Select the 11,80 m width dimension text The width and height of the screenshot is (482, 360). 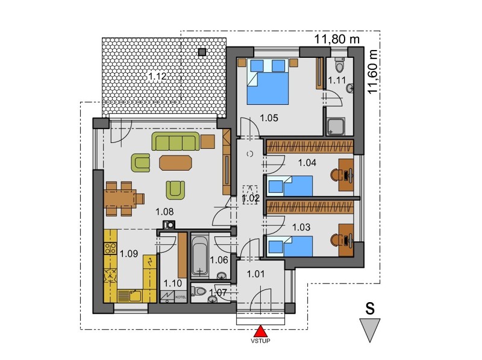pos(337,39)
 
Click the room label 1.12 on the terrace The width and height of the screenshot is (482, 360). pos(157,76)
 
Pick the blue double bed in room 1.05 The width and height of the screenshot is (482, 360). pos(268,82)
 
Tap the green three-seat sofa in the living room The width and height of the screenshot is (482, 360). pos(176,141)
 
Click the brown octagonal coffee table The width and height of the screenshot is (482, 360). pos(175,163)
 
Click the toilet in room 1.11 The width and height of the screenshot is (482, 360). pos(339,64)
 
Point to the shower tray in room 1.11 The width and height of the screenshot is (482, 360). pos(336,127)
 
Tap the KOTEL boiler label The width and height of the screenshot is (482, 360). pos(180,297)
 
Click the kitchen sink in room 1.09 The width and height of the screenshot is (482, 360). pos(134,296)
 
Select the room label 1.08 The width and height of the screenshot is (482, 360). pos(164,212)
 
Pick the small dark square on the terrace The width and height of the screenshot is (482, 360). pos(202,52)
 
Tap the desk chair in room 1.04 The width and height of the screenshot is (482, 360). pos(336,175)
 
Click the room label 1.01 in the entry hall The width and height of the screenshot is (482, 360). pos(255,274)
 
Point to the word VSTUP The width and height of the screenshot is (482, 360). pos(260,341)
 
